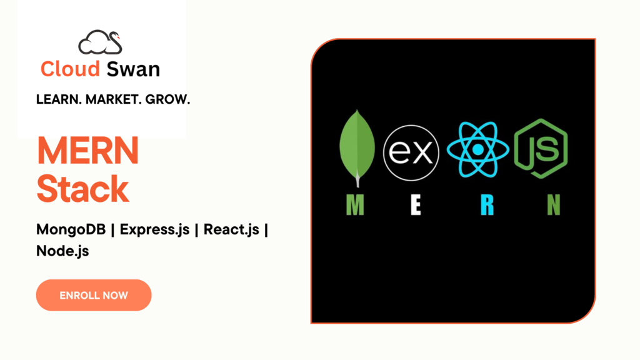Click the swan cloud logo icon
pos(100,42)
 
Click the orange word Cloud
pos(70,69)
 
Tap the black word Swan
pos(133,69)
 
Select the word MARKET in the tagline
pos(110,99)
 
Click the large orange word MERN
pos(87,151)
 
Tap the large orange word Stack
pos(83,189)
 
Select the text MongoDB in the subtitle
pos(71,230)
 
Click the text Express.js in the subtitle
pos(155,230)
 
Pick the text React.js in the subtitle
pos(231,230)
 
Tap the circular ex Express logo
pos(411,152)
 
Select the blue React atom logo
pos(478,149)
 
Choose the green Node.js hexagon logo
pos(541,149)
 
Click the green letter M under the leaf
pos(355,205)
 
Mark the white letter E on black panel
pos(416,205)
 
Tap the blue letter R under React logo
pos(487,205)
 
